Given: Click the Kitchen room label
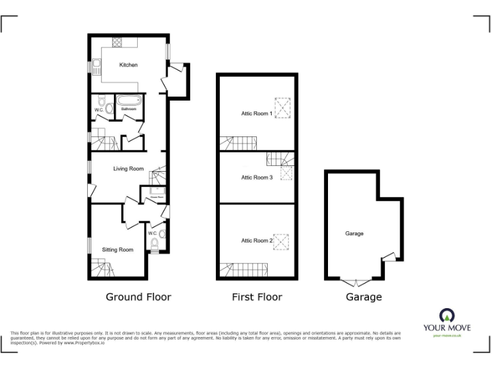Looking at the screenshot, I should (128, 65).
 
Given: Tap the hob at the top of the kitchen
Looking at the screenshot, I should (118, 43).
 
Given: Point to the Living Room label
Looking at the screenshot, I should (128, 169).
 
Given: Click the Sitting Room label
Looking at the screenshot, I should (118, 249).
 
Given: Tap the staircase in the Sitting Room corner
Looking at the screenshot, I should (101, 267).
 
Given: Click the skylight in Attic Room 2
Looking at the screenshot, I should (281, 242).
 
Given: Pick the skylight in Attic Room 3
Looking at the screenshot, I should (286, 172).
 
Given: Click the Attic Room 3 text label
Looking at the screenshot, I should (257, 177).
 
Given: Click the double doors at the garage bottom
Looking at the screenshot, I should (354, 282).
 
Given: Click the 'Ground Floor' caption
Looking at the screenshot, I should (138, 297).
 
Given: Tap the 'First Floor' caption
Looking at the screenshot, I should (257, 297).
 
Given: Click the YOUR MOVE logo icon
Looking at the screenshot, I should (447, 315).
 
